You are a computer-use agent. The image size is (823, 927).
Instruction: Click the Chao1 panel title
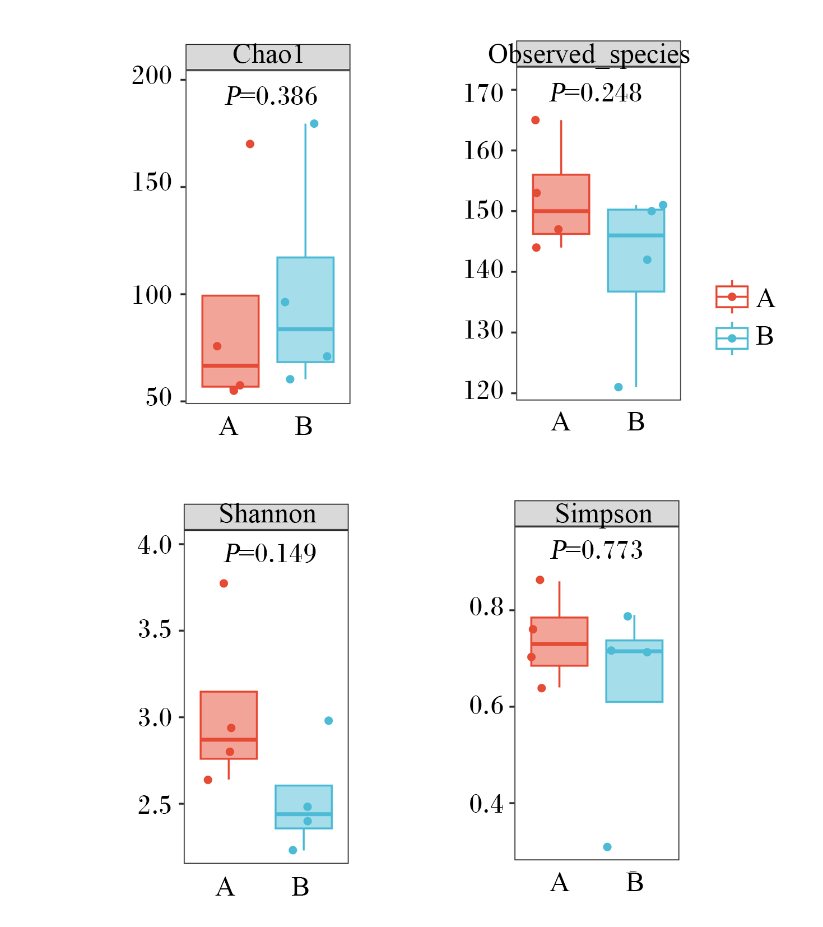click(268, 54)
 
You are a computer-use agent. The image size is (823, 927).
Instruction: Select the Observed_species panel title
click(589, 55)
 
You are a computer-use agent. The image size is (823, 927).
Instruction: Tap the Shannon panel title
click(267, 514)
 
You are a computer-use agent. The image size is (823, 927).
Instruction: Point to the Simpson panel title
click(603, 514)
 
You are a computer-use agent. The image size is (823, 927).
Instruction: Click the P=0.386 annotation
click(272, 96)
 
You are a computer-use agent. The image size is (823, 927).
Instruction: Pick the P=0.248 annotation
click(596, 92)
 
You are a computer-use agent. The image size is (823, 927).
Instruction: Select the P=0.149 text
click(270, 553)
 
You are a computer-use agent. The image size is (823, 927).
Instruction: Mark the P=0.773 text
click(597, 550)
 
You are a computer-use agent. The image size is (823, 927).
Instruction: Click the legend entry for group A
click(745, 297)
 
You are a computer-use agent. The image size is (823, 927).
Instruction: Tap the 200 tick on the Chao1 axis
click(152, 76)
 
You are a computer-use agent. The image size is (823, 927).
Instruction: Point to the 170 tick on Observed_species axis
click(483, 93)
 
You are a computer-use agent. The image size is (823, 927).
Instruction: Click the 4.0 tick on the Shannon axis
click(155, 545)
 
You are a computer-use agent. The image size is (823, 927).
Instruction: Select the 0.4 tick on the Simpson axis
click(486, 804)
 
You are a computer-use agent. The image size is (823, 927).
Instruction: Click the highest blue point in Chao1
click(314, 123)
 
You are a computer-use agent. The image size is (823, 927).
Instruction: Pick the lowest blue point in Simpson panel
click(607, 847)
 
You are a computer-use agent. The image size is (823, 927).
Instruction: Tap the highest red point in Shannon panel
click(224, 583)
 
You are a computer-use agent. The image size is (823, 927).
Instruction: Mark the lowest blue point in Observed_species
click(619, 387)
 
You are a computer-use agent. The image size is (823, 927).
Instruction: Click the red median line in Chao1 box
click(230, 366)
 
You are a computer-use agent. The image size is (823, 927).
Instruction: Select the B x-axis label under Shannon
click(300, 887)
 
